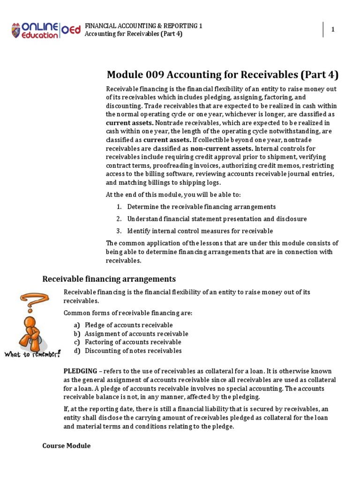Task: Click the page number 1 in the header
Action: point(333,30)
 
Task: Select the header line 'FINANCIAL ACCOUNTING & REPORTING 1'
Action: point(143,26)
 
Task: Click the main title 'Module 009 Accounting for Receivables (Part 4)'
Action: point(223,75)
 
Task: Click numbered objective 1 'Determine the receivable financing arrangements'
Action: point(201,207)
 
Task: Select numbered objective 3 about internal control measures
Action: point(200,231)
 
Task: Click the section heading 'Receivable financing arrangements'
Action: point(109,279)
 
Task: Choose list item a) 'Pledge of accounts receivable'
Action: point(128,325)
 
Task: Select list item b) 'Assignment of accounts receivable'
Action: point(136,334)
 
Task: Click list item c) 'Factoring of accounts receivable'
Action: point(133,342)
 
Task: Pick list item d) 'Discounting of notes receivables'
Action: point(133,351)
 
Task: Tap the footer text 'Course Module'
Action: point(66,446)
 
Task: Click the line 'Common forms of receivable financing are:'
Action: point(128,313)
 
